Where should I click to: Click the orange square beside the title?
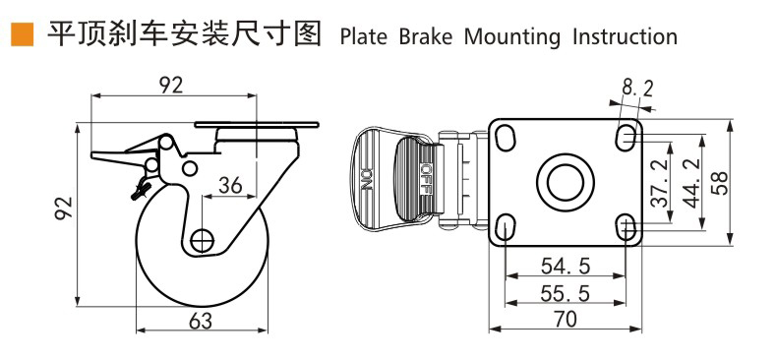click(x=22, y=34)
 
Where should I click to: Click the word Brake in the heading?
click(x=426, y=37)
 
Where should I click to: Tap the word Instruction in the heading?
click(x=626, y=37)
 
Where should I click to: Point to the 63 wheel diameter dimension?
click(x=201, y=322)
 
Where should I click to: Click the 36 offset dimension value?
click(x=230, y=185)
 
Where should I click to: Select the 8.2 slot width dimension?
click(x=637, y=90)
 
